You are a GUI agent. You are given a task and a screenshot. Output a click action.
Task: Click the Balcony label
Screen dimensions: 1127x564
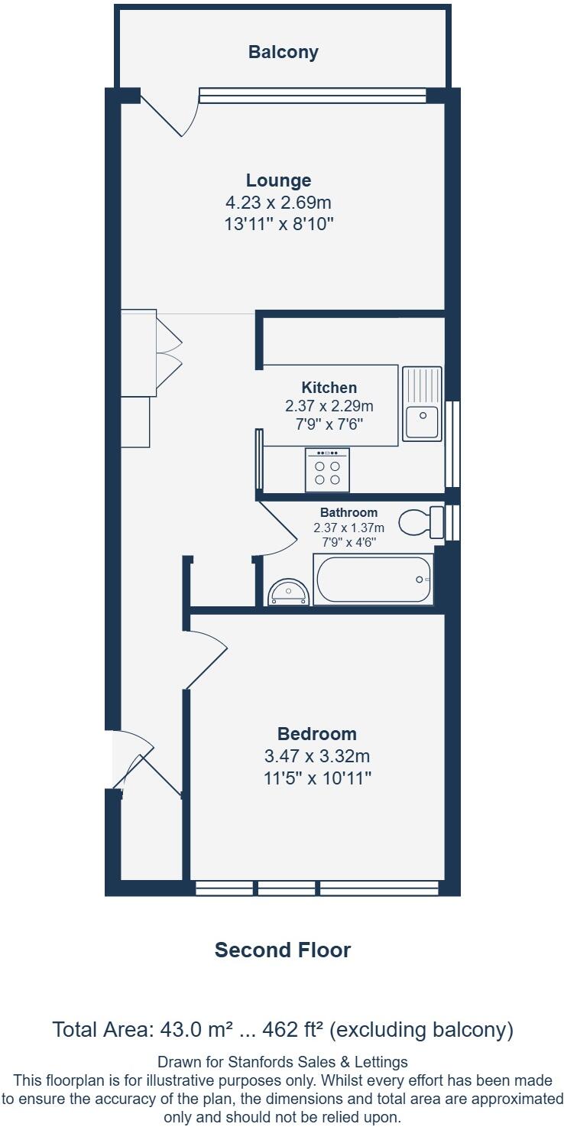point(283,52)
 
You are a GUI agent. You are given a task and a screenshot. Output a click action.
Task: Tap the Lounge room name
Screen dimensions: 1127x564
point(278,180)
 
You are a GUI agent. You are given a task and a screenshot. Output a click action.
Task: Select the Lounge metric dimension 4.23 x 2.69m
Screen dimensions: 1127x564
point(278,203)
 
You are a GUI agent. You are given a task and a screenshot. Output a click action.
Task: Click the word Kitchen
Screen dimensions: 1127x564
point(329,388)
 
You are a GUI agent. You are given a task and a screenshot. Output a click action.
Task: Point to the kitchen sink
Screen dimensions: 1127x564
point(423,403)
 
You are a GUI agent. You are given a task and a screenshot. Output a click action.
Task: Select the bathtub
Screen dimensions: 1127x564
point(374,580)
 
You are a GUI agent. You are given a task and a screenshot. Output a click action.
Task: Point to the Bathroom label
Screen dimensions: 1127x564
point(348,512)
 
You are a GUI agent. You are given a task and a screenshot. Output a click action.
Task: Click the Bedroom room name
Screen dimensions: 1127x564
point(316,734)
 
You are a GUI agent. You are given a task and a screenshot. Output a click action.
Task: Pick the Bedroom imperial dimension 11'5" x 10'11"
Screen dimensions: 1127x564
point(316,778)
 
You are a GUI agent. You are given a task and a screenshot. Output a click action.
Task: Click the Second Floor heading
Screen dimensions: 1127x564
point(282,950)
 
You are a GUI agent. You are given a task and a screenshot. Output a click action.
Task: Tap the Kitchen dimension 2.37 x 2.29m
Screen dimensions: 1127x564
point(329,405)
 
